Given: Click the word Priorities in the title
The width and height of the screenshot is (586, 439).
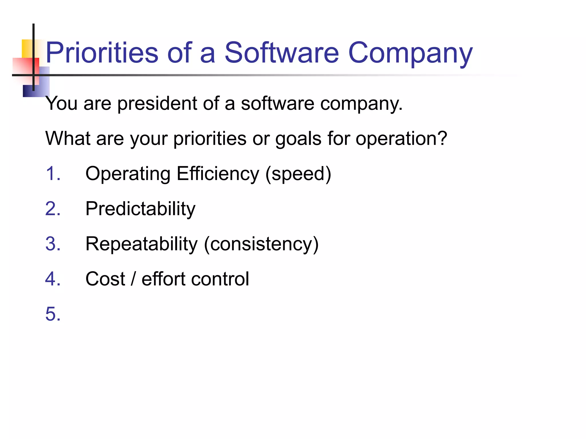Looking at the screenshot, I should [102, 53].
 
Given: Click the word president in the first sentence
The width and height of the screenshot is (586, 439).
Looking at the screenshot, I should [157, 103].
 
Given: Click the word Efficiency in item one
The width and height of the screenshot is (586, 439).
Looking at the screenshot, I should [218, 174].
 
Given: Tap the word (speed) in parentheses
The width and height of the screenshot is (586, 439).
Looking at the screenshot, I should [298, 174].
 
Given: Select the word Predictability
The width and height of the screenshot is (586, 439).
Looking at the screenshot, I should [140, 209].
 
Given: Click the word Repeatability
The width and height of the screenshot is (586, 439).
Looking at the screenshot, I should [141, 244].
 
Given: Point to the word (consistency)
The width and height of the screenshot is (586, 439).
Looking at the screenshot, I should [261, 244].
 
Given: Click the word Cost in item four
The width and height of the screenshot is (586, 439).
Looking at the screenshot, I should [105, 279].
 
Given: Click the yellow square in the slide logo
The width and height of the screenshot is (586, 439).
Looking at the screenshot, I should [27, 48].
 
